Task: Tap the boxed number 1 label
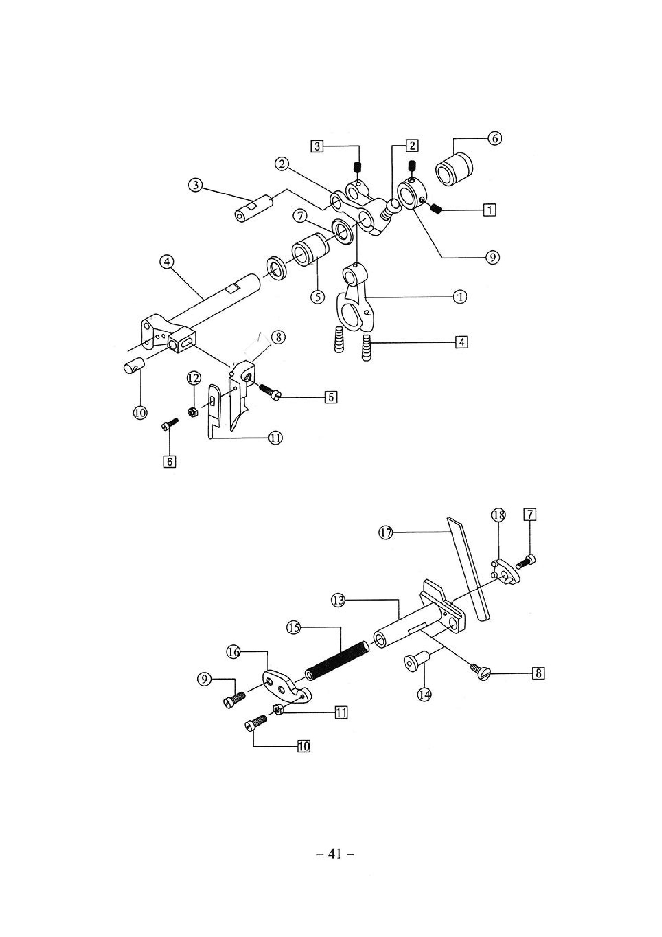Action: (489, 210)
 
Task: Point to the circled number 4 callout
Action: (167, 262)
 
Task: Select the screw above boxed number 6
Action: (169, 424)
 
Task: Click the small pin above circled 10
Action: (134, 364)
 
